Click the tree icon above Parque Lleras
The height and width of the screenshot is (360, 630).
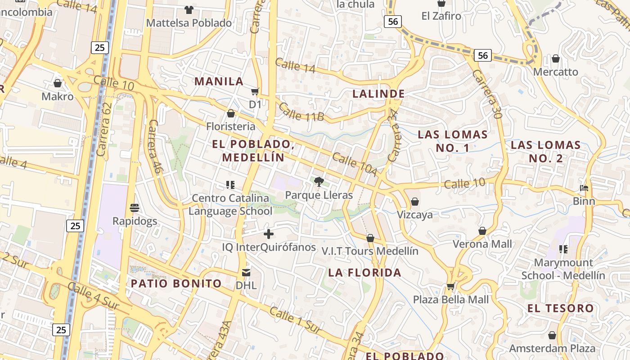[x=319, y=182]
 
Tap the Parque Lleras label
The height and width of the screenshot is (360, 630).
[x=319, y=195]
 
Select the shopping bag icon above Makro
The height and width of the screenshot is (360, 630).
[x=58, y=83]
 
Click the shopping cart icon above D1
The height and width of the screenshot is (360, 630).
[x=255, y=92]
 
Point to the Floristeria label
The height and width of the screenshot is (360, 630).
[x=231, y=126]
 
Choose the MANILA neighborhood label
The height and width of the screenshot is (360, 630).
[x=219, y=81]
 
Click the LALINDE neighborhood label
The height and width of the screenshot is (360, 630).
[x=378, y=94]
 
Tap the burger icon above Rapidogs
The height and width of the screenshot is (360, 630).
[x=135, y=207]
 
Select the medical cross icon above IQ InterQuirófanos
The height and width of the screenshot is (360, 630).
[x=269, y=234]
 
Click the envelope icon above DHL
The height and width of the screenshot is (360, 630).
[x=246, y=272]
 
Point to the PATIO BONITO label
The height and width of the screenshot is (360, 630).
[x=176, y=283]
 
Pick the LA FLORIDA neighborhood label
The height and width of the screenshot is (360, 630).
[x=364, y=272]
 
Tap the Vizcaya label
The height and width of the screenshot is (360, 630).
[x=415, y=215]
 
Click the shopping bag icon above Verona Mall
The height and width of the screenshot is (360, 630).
[x=482, y=231]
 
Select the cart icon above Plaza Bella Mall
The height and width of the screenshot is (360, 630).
[x=450, y=287]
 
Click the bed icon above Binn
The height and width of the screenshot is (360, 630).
[x=584, y=188]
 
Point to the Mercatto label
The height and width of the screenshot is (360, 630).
[x=556, y=72]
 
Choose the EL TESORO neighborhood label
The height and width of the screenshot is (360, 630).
[x=561, y=308]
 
